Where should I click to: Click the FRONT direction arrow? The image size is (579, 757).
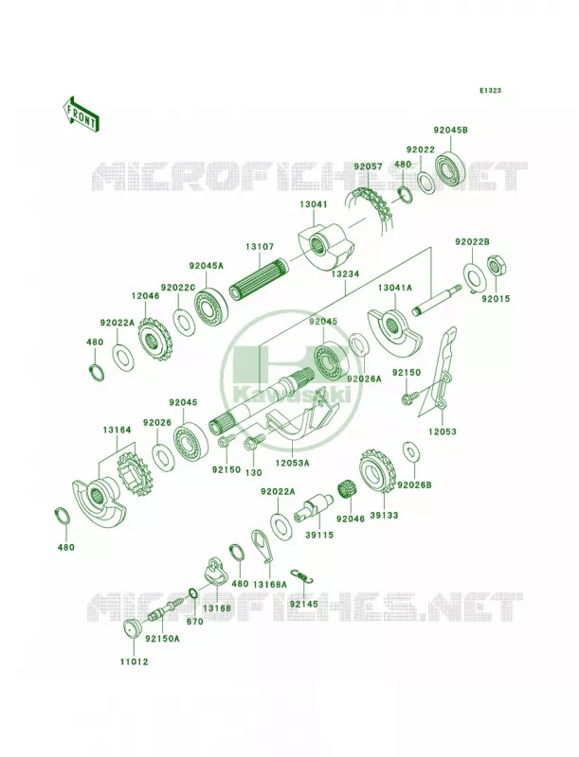(x=81, y=114)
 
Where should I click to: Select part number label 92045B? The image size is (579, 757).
(x=450, y=131)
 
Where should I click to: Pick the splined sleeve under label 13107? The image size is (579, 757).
(x=259, y=279)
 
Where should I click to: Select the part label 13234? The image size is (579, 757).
(x=346, y=273)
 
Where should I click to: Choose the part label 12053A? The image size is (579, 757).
(x=292, y=463)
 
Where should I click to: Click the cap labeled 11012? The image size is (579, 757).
(x=132, y=628)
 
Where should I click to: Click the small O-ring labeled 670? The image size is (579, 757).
(x=191, y=593)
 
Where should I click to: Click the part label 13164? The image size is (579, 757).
(x=117, y=430)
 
